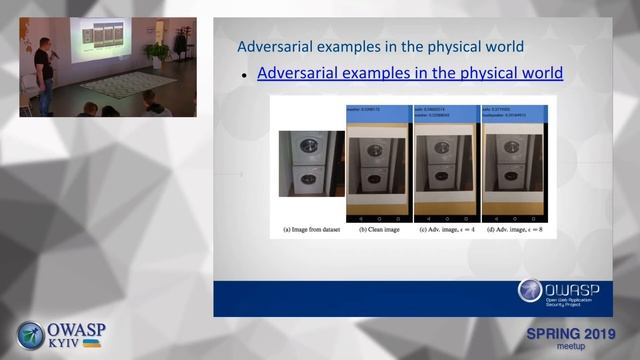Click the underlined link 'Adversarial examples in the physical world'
click(410, 73)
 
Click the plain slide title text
click(380, 46)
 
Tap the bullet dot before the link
click(244, 75)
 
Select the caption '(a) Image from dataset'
click(312, 231)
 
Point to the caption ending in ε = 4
click(446, 231)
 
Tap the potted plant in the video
click(156, 52)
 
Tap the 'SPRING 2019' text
click(571, 333)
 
